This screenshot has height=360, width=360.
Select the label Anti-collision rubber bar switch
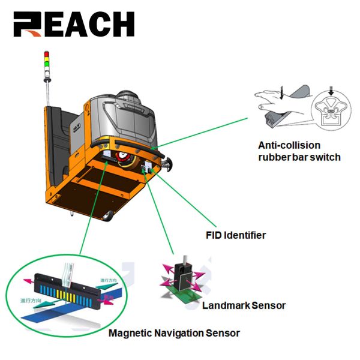pos(299,151)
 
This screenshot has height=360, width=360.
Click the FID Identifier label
pos(236,235)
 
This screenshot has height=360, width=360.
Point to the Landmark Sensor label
pos(244,305)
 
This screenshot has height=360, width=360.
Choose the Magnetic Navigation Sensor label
pos(173,332)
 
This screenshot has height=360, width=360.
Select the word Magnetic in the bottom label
pos(128,332)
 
